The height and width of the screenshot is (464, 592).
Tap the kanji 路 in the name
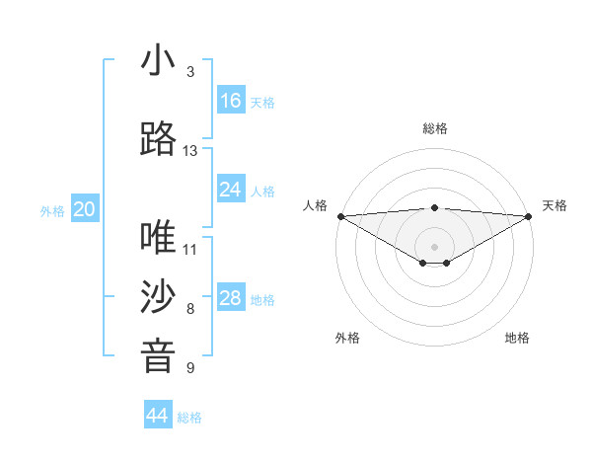click(158, 140)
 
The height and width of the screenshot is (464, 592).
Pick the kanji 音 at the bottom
click(158, 356)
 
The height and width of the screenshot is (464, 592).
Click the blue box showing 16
click(230, 101)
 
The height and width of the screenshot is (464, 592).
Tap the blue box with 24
click(230, 190)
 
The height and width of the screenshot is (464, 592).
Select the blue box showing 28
click(230, 298)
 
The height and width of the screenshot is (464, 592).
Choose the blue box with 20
click(85, 209)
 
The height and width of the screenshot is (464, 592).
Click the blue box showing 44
click(158, 416)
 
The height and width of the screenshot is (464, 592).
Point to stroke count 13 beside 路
click(190, 151)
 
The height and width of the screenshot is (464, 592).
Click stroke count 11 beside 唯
click(190, 249)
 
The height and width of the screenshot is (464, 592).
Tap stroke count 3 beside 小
click(190, 72)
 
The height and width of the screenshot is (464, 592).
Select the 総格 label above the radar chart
click(434, 128)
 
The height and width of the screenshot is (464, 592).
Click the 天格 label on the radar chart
click(555, 205)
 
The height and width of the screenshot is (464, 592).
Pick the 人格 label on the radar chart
click(315, 205)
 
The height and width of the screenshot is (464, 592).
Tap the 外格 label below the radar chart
click(347, 338)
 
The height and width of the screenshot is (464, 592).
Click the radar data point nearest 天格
click(528, 215)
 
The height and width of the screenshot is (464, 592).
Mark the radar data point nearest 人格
click(340, 215)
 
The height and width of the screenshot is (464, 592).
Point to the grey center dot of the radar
click(434, 246)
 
